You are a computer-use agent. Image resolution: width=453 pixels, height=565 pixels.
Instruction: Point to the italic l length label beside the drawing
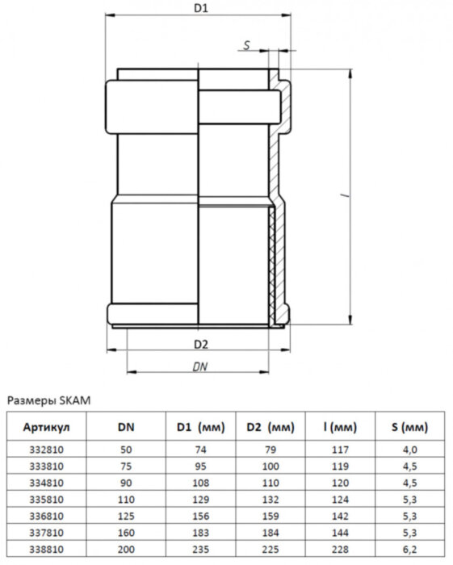click(344, 196)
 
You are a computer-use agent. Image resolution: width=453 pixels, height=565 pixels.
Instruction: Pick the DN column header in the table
click(125, 425)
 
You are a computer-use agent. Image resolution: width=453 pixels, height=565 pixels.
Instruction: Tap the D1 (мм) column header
click(199, 425)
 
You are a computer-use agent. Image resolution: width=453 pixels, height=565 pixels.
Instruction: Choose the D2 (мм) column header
click(269, 425)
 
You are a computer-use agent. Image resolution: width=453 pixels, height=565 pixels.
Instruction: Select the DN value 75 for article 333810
click(125, 465)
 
